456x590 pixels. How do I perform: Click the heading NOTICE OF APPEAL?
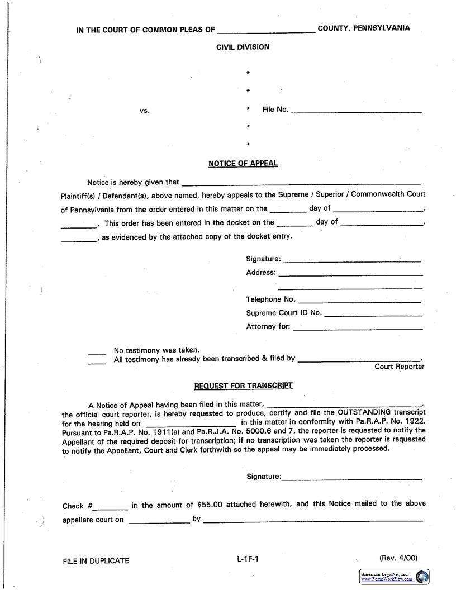(243, 164)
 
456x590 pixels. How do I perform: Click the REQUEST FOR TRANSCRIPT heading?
(243, 386)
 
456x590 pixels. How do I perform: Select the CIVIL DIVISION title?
(243, 47)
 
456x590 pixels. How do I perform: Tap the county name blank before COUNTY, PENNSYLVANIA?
(266, 31)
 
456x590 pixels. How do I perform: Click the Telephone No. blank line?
(359, 301)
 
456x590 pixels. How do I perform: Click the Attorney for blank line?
(358, 328)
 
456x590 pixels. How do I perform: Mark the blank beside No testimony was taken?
(97, 352)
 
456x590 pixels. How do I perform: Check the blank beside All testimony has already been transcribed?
(97, 361)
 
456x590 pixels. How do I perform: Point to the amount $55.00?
(210, 505)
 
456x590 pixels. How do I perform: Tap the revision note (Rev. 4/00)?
(398, 558)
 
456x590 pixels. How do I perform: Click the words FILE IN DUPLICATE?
(96, 561)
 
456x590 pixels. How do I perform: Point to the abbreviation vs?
(145, 111)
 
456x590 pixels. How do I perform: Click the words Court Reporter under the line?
(400, 367)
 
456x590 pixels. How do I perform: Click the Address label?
(261, 273)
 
